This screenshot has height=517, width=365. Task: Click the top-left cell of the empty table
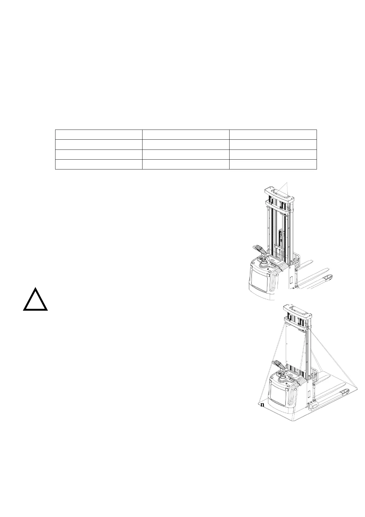click(x=99, y=134)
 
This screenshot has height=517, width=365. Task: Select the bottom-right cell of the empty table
click(x=273, y=164)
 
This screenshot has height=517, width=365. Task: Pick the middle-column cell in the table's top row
click(x=186, y=134)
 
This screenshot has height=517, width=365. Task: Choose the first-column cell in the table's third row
click(x=99, y=154)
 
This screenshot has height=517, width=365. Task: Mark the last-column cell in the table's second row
click(x=273, y=145)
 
